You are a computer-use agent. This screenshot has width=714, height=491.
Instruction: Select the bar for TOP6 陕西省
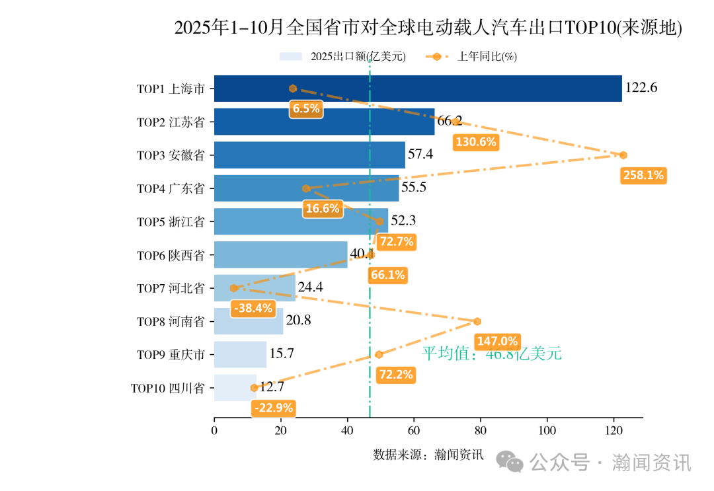pos(280,254)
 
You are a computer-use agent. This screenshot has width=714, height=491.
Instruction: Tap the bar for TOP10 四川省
pos(235,388)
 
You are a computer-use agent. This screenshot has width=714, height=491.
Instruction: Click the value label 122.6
pos(641,88)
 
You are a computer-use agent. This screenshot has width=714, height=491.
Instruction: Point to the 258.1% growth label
pos(643,175)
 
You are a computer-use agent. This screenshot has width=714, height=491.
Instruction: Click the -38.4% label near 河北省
pos(253,308)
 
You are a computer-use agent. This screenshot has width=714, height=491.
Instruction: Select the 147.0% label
pos(497,341)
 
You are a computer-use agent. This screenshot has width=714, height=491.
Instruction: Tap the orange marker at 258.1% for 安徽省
pos(623,155)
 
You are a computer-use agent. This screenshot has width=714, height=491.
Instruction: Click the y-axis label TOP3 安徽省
pos(171,155)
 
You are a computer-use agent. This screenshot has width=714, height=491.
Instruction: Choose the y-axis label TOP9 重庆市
pos(171,355)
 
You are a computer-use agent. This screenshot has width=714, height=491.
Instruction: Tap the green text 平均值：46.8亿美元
pos(492,354)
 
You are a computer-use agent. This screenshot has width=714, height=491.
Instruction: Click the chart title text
pos(428,28)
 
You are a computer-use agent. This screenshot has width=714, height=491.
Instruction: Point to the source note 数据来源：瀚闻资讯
pos(428,455)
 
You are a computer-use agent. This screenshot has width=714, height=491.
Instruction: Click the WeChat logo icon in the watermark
pos(510,462)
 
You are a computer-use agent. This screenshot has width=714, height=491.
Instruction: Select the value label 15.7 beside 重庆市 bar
pos(282,354)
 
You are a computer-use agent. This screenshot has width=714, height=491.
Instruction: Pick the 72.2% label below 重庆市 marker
pos(395,375)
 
